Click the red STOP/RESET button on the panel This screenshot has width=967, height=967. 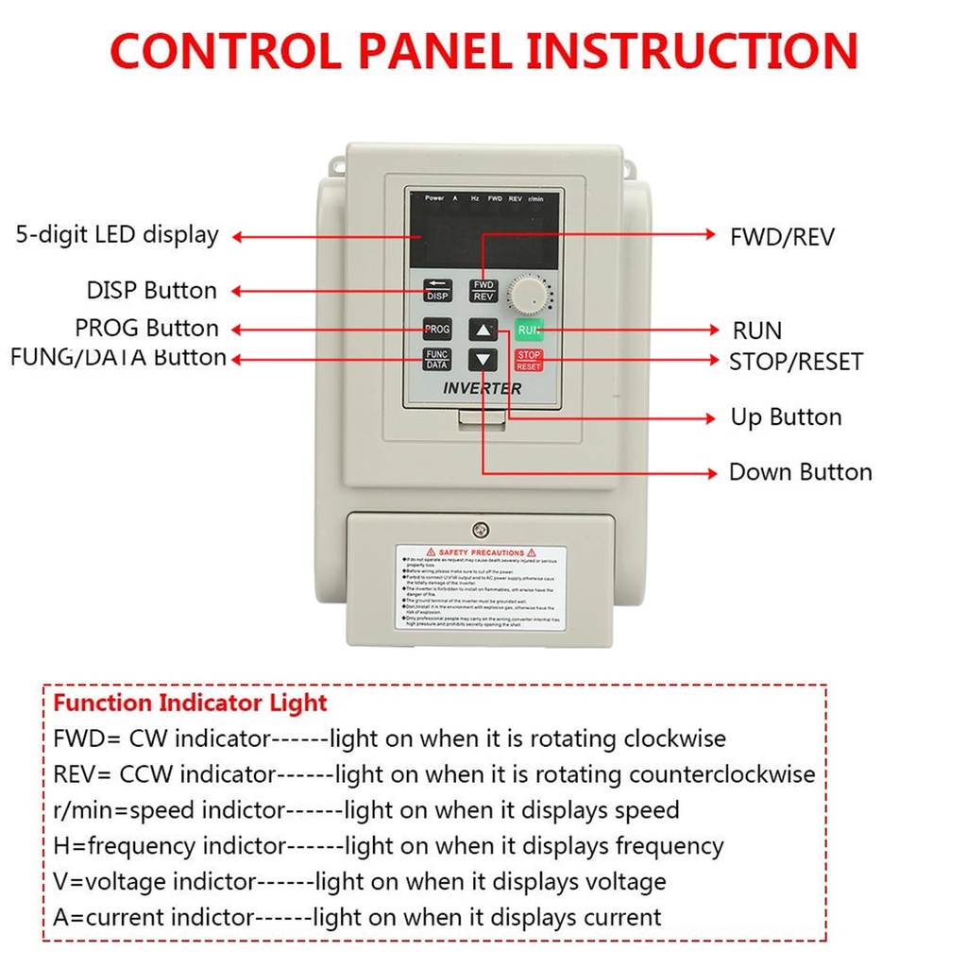[529, 360]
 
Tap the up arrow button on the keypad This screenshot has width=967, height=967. [483, 331]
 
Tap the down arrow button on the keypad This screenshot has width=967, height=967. [483, 360]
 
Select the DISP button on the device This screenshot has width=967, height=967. [436, 291]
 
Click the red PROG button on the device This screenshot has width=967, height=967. [436, 331]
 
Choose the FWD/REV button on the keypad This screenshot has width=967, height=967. [483, 291]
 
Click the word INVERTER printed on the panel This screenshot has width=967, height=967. [482, 388]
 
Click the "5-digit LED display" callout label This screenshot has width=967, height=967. [117, 235]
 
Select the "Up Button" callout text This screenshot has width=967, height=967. [786, 417]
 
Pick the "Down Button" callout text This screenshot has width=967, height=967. [800, 472]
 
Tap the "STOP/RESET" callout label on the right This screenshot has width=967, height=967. [795, 362]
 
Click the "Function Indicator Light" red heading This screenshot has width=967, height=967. [190, 704]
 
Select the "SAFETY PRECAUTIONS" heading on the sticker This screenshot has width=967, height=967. [481, 552]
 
